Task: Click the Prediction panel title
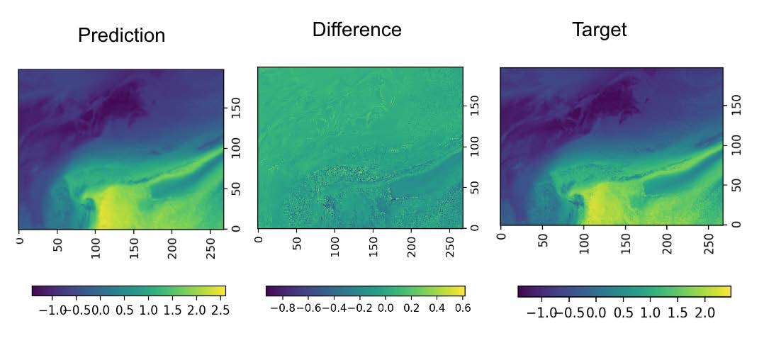pyautogui.click(x=121, y=35)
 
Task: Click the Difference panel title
pyautogui.click(x=356, y=30)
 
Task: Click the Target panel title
pyautogui.click(x=599, y=30)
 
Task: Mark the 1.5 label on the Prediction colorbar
pyautogui.click(x=172, y=310)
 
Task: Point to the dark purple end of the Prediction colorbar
pyautogui.click(x=37, y=291)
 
